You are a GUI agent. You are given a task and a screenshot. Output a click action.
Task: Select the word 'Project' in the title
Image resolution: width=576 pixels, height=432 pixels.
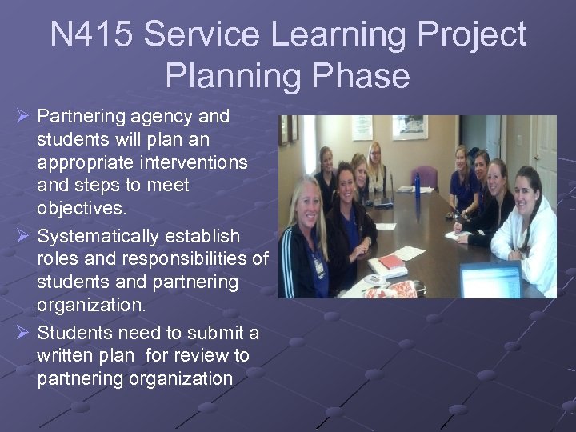(470, 36)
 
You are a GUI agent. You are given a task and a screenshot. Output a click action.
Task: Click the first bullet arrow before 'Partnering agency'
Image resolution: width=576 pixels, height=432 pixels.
(22, 117)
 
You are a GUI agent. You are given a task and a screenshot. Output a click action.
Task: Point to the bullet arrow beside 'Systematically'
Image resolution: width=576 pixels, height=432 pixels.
(22, 237)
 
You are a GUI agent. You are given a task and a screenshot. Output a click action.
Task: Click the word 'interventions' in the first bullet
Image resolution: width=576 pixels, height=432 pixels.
(198, 163)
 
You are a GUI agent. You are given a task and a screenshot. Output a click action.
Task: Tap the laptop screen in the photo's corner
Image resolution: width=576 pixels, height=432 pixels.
(489, 281)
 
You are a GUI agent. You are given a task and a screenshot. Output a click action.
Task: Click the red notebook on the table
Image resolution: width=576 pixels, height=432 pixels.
(392, 262)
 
